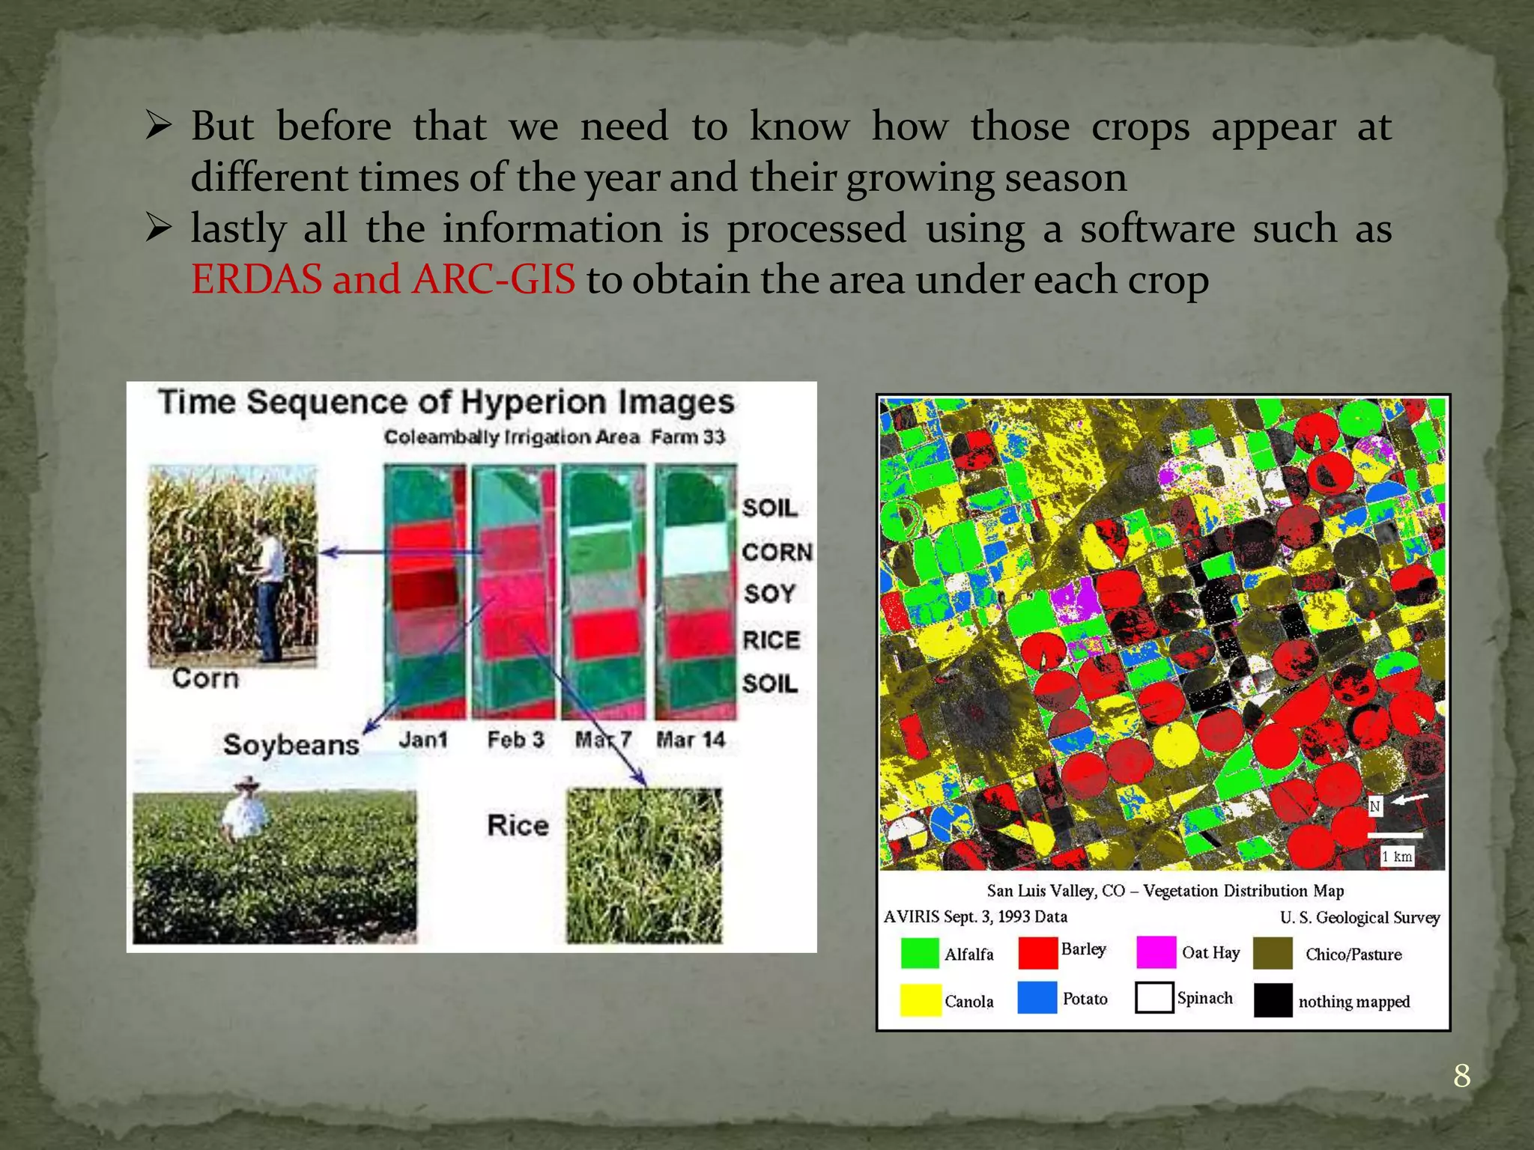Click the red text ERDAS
click(x=255, y=280)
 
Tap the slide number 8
click(x=1461, y=1076)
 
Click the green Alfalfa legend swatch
click(x=918, y=953)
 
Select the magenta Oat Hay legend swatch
click(x=1155, y=952)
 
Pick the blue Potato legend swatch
click(x=1037, y=998)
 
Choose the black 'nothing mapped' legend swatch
click(x=1273, y=1000)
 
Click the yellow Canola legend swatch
click(x=920, y=1000)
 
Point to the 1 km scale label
click(x=1397, y=857)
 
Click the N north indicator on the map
click(x=1375, y=806)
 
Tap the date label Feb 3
click(x=515, y=740)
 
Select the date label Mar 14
click(x=691, y=740)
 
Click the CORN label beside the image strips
click(x=777, y=553)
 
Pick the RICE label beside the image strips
click(x=771, y=640)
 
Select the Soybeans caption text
click(x=291, y=745)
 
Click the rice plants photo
click(x=644, y=865)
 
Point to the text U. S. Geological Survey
click(x=1359, y=917)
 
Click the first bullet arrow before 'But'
click(x=159, y=125)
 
